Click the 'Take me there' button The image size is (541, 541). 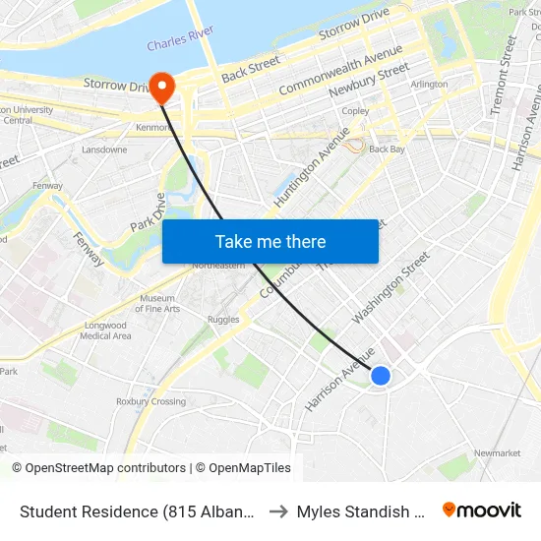click(270, 242)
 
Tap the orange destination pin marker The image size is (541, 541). click(160, 88)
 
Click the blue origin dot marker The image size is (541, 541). click(381, 375)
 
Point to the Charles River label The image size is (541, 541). click(181, 44)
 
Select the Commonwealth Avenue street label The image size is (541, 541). click(340, 70)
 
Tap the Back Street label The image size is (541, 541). click(251, 68)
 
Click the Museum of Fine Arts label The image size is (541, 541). click(159, 303)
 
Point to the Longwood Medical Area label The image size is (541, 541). click(105, 331)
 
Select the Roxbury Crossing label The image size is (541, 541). click(150, 401)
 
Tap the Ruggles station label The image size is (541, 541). click(223, 319)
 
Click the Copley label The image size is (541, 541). click(355, 111)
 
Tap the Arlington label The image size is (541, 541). click(429, 85)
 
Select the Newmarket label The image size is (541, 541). click(497, 453)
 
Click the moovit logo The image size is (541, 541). click(482, 511)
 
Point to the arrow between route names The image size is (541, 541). click(278, 511)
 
